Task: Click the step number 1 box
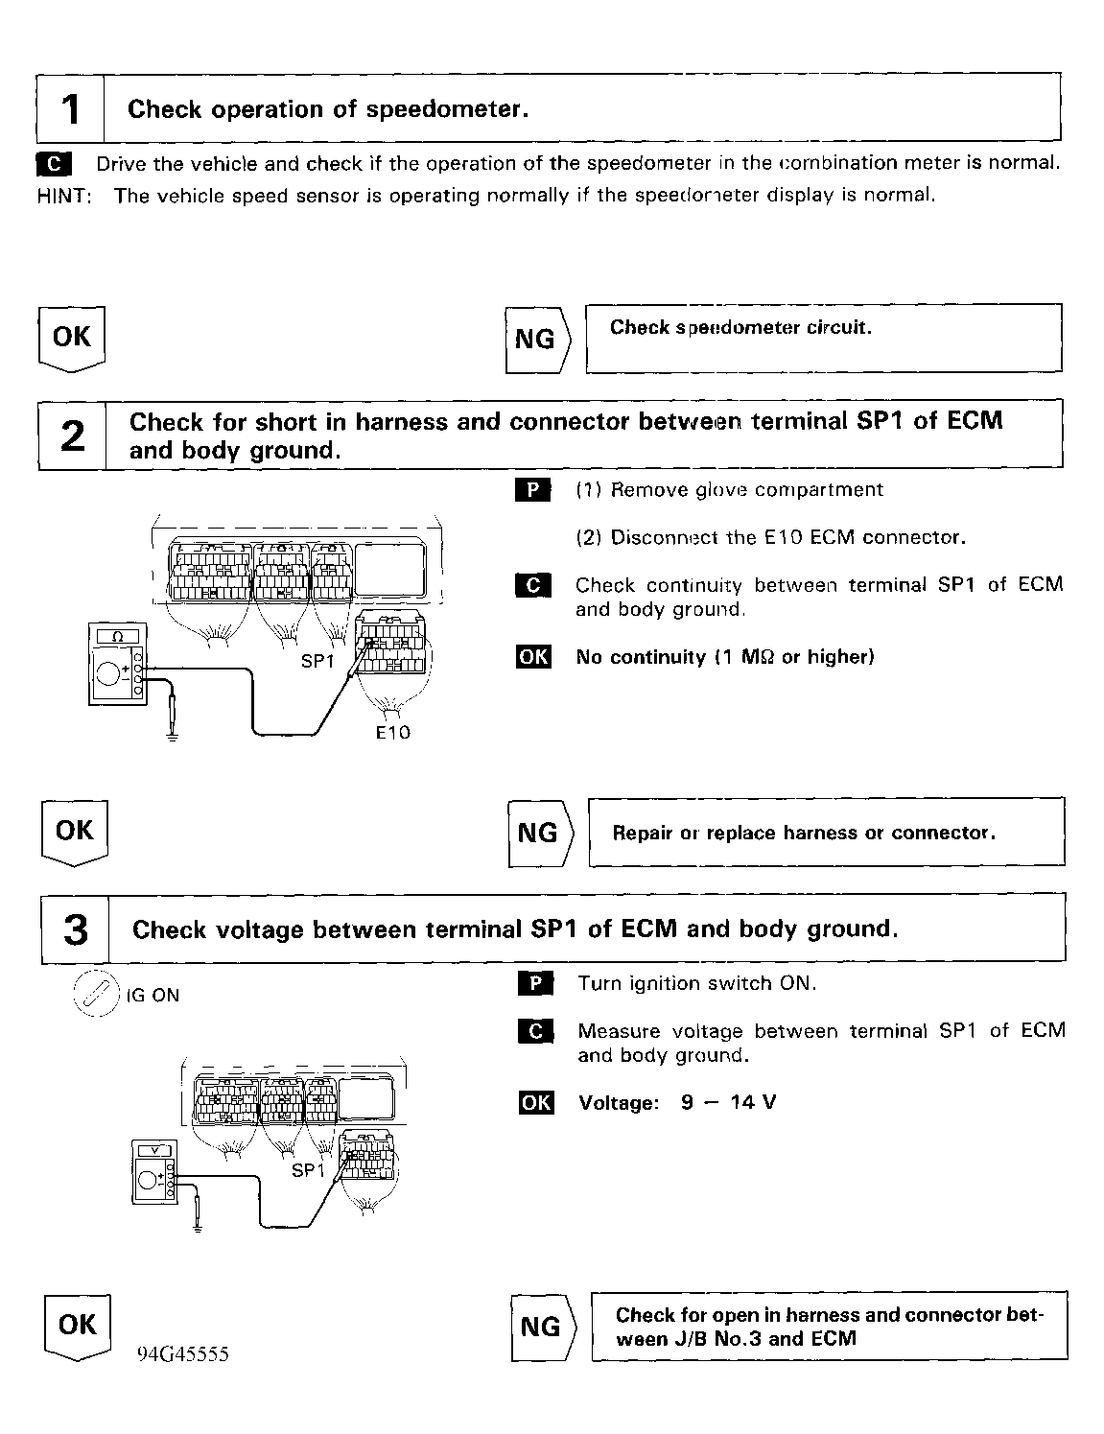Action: [70, 108]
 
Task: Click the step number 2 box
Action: [72, 435]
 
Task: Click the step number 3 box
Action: [75, 929]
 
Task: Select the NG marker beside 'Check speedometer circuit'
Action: [537, 339]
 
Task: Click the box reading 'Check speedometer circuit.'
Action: [823, 338]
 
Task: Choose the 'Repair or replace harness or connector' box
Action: [826, 832]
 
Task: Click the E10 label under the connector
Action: [392, 732]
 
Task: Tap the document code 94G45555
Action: [182, 1354]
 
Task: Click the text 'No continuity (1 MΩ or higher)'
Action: [724, 657]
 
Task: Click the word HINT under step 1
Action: [63, 196]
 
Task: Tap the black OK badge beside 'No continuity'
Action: [533, 657]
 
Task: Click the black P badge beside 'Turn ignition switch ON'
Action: [535, 983]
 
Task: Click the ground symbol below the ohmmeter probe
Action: [172, 737]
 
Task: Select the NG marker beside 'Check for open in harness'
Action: [541, 1327]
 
